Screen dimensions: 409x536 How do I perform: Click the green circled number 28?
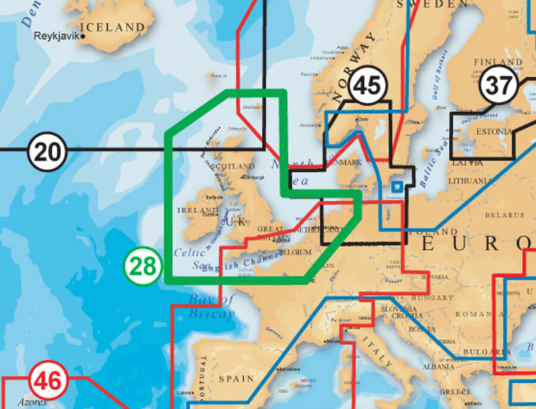[143, 267]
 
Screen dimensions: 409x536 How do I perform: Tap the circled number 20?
[48, 153]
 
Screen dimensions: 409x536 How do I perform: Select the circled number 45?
[367, 86]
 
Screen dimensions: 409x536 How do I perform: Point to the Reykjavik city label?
[58, 36]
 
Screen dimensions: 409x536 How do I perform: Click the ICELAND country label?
[112, 27]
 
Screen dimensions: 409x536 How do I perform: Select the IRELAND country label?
[198, 210]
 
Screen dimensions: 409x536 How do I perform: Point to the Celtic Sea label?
[189, 258]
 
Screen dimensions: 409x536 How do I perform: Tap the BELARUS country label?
[504, 215]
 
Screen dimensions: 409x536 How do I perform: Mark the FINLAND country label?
[497, 62]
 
